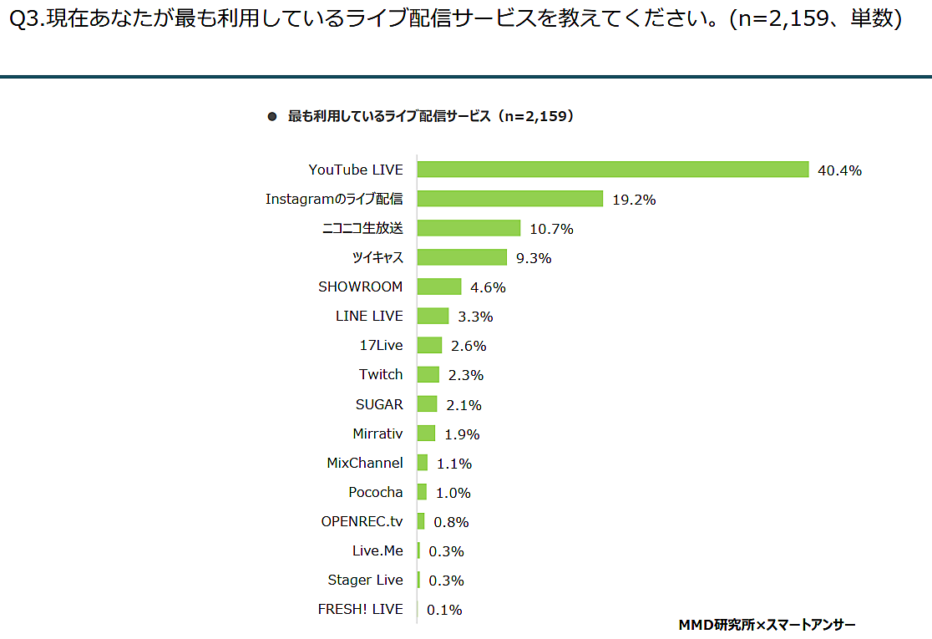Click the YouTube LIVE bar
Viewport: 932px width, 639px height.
click(612, 170)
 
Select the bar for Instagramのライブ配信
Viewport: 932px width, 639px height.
click(509, 199)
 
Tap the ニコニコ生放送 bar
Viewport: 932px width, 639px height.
click(469, 228)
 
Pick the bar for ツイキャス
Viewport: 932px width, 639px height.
click(462, 257)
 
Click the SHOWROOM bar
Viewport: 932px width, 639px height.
click(438, 287)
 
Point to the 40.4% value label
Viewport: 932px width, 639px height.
click(839, 170)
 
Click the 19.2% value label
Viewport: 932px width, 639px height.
click(634, 200)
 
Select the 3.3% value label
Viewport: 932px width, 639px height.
click(475, 317)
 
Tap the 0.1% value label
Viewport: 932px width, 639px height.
click(444, 610)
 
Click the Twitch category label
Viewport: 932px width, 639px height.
click(381, 374)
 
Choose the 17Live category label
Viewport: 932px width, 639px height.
click(381, 345)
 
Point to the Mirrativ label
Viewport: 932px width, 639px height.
click(377, 434)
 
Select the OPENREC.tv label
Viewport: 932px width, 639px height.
click(362, 521)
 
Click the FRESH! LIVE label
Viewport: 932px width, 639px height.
click(360, 609)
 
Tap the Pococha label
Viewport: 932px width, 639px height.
click(376, 492)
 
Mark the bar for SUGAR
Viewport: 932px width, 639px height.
click(427, 404)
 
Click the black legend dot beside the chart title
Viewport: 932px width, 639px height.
click(271, 117)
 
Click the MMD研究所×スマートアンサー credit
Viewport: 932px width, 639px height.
click(767, 624)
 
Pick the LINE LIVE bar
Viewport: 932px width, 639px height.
click(433, 316)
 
